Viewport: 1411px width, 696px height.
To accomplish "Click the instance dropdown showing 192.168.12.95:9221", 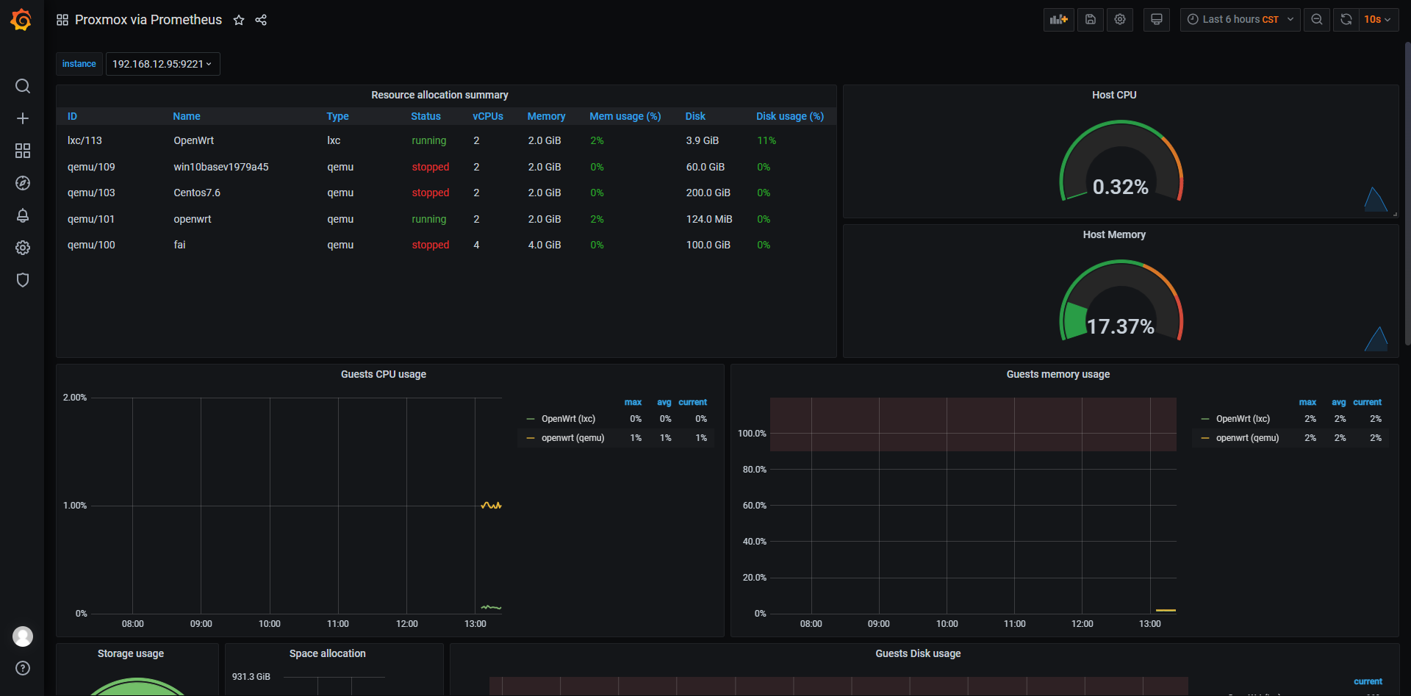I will [x=162, y=64].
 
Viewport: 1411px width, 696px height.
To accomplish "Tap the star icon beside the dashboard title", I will [x=239, y=20].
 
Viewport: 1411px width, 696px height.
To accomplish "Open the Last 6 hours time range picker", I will [x=1240, y=20].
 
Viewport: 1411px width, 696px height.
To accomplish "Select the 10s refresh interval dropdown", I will [x=1376, y=20].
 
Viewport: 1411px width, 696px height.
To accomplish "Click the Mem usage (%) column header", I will [x=625, y=116].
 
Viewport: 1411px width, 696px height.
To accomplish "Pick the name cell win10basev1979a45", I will [x=220, y=167].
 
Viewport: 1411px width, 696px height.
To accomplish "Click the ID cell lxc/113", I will [x=85, y=140].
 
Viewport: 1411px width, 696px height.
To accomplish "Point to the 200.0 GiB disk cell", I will [x=708, y=193].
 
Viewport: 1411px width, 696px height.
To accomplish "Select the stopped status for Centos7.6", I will [x=430, y=193].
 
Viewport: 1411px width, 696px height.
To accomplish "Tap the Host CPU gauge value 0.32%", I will [x=1120, y=187].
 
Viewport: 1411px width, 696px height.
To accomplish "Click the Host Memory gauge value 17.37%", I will [x=1120, y=326].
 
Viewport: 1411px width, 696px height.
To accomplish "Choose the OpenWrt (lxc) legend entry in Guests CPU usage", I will [x=568, y=419].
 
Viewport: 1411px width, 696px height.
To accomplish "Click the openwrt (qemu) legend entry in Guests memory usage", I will [x=1247, y=438].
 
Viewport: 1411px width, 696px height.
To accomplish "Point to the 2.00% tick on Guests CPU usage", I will [x=75, y=398].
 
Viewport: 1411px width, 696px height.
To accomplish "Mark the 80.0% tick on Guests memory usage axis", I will [x=754, y=470].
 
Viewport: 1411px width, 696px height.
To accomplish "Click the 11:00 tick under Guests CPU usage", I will [x=338, y=624].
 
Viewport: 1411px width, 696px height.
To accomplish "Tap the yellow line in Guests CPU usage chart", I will [x=491, y=506].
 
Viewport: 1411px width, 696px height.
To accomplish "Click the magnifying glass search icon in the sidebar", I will [x=23, y=86].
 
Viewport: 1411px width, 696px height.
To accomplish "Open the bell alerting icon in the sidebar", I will [x=23, y=215].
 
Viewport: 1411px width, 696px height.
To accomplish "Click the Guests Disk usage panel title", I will [x=918, y=653].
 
